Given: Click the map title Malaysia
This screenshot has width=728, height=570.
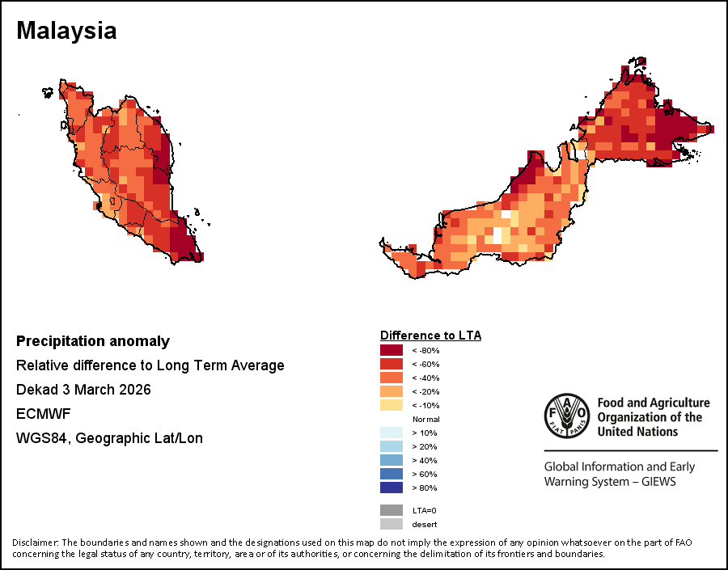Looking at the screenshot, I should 66,31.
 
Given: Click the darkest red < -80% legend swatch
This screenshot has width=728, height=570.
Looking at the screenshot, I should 392,350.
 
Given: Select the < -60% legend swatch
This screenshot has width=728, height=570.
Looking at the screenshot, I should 392,364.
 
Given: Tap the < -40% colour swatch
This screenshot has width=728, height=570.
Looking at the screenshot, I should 392,378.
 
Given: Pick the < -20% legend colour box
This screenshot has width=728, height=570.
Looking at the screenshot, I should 392,391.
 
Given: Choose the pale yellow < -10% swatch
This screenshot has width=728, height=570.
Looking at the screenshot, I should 392,405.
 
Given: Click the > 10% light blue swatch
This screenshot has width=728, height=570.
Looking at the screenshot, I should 392,433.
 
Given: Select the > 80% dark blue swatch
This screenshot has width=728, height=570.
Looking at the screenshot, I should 392,488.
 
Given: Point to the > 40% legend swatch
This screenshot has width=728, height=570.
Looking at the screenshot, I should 392,460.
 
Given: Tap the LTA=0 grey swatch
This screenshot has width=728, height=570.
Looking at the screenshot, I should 392,510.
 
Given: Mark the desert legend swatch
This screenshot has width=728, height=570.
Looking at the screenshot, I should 392,524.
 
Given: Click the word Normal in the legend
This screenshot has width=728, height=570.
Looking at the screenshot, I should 425,420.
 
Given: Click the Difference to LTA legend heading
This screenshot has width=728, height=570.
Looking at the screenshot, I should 430,335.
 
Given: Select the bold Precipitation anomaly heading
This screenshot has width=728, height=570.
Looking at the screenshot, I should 93,341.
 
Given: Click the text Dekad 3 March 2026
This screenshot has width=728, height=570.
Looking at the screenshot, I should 83,390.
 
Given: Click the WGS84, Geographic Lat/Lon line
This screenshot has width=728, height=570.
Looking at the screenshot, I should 109,438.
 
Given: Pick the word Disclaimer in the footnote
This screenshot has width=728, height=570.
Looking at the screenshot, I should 35,542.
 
